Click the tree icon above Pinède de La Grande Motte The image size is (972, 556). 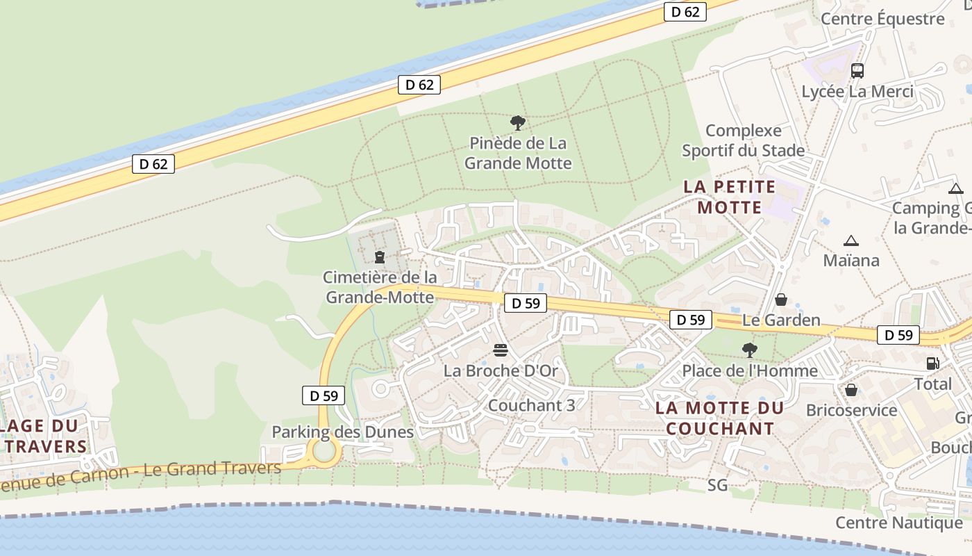click(x=517, y=123)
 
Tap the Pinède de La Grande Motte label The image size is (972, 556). click(x=518, y=153)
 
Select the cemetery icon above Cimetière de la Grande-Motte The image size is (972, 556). click(x=380, y=257)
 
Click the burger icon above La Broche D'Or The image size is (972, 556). click(x=501, y=350)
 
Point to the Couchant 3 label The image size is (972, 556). click(x=531, y=405)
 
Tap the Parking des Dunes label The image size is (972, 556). click(x=342, y=432)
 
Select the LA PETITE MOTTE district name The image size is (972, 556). click(x=729, y=197)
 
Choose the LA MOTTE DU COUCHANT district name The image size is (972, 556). click(x=719, y=418)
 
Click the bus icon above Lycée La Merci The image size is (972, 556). click(x=857, y=70)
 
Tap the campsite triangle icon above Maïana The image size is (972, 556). click(x=850, y=241)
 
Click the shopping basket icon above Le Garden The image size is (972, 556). click(x=781, y=300)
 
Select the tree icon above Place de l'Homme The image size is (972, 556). click(x=749, y=350)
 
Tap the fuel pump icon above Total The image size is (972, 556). click(x=932, y=363)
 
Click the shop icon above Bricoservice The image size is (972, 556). click(x=851, y=390)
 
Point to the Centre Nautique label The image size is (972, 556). click(x=898, y=523)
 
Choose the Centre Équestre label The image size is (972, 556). click(x=882, y=19)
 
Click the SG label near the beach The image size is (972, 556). click(x=718, y=485)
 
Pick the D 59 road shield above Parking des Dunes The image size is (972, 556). click(x=324, y=395)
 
